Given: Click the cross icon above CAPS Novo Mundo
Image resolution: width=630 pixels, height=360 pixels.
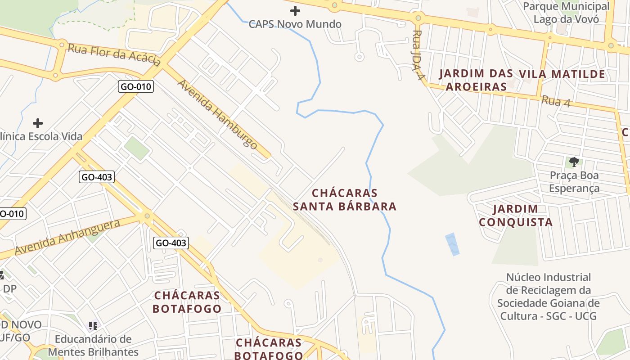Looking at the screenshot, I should pos(295,10).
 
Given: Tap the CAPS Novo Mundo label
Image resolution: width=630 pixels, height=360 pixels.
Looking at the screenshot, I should pos(295,24).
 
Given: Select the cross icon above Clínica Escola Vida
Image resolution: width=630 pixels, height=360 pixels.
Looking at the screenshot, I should pos(38,123).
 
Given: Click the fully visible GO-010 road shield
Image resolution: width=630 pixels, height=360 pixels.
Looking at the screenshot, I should pos(136,86).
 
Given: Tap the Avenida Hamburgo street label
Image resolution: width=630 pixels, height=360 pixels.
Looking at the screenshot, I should pos(217,114).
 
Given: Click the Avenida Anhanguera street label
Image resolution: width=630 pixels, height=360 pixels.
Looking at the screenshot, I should pos(67,237).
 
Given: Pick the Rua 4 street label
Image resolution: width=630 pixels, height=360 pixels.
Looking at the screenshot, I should pos(555,101).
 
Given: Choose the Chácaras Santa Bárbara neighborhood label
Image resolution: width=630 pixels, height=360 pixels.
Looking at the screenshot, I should pos(345,200).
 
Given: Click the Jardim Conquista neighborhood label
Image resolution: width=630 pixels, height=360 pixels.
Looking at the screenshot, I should pos(516,216).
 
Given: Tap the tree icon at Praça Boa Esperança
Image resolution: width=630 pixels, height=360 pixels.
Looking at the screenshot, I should pos(574,162).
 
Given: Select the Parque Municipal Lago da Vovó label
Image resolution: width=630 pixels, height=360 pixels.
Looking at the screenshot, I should pos(566,13).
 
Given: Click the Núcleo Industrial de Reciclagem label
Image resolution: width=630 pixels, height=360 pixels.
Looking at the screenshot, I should pos(548,297).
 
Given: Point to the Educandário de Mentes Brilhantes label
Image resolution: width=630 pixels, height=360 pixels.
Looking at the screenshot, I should pos(93,345).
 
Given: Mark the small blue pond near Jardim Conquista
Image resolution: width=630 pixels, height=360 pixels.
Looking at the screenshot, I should pos(453,244).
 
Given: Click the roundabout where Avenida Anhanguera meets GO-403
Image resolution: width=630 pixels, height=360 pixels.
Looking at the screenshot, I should pos(147,216).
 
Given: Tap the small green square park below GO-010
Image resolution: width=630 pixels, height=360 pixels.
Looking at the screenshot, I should pos(136,148).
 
